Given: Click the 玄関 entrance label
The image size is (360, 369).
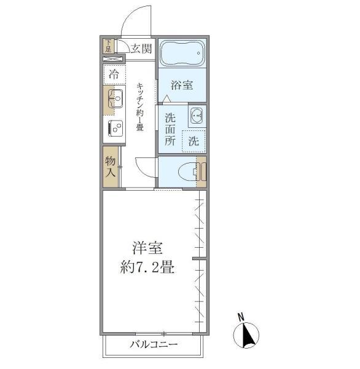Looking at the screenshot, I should pos(139,49).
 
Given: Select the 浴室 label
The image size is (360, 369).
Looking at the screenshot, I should pos(181,85).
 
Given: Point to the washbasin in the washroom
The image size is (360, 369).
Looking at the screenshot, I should pos(197,114).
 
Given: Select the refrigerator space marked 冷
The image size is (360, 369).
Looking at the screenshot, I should pos(114,74).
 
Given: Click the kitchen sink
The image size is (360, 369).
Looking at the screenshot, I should pos(115,98).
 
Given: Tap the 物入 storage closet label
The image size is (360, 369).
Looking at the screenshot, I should pos(110,166).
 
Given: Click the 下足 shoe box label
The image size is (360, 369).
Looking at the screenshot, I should pos(108,46).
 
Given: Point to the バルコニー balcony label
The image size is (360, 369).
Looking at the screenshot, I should pos(153,344).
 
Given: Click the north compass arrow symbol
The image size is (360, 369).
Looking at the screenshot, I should pos(246,336).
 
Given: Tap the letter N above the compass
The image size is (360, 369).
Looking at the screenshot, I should pos(241,317).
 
